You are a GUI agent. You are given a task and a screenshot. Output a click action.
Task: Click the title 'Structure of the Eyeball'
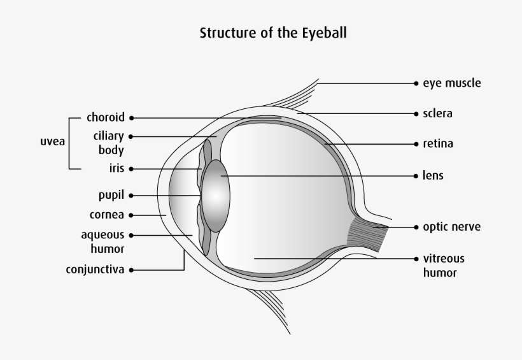274,32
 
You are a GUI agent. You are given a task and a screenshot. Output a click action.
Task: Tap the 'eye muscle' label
451,83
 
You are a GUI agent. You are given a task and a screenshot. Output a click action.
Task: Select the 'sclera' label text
437,114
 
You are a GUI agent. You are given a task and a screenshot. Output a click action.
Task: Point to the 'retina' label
438,144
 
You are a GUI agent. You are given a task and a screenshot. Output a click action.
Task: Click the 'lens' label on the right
433,175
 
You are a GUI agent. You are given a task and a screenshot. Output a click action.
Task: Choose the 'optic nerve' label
451,227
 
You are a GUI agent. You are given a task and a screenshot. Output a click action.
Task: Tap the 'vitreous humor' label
444,266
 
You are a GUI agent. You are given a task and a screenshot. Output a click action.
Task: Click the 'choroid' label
106,118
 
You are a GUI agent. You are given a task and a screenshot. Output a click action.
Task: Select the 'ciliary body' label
108,143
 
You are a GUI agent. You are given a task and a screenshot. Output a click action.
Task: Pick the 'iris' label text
117,169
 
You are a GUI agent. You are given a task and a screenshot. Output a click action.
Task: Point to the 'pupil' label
111,195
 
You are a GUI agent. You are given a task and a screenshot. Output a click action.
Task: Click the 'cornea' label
107,215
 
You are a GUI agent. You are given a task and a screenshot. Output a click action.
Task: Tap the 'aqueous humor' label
102,241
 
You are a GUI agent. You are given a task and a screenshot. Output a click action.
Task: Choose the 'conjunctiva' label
95,270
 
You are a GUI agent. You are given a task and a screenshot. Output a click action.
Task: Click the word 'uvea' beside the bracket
53,141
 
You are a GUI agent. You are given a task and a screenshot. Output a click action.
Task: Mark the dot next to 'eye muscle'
416,83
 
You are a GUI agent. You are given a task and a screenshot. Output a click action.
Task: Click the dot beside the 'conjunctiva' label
131,270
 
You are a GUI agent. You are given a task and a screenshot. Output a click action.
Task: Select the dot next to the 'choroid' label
131,118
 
